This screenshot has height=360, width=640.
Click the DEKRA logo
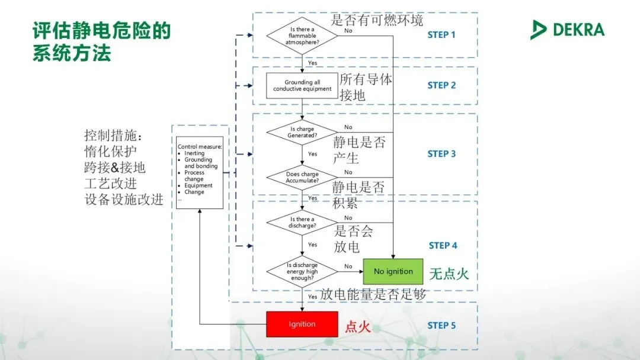click(x=568, y=29)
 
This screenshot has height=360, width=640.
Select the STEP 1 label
click(x=441, y=35)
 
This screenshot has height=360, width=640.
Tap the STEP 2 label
click(x=441, y=85)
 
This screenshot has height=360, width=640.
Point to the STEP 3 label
click(x=441, y=154)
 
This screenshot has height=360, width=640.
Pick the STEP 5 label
click(x=441, y=325)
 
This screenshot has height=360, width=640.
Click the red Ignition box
click(x=302, y=324)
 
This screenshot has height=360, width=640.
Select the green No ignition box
click(x=393, y=272)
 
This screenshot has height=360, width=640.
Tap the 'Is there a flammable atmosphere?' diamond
click(x=302, y=35)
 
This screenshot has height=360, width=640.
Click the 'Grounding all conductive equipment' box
click(x=302, y=86)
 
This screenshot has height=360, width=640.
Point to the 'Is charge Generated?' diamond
click(x=302, y=132)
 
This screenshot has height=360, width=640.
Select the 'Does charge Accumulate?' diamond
click(x=302, y=177)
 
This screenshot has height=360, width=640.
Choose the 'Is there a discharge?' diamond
click(x=302, y=222)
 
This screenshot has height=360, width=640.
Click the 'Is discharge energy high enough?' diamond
click(x=302, y=271)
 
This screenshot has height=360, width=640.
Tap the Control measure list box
click(x=200, y=172)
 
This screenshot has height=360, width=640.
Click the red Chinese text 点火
click(x=358, y=326)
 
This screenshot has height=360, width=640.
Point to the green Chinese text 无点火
click(x=449, y=274)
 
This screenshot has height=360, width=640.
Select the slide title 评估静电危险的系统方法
click(x=101, y=41)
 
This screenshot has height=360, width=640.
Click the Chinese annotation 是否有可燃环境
click(x=377, y=21)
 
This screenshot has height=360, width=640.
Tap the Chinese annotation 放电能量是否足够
click(x=373, y=294)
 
